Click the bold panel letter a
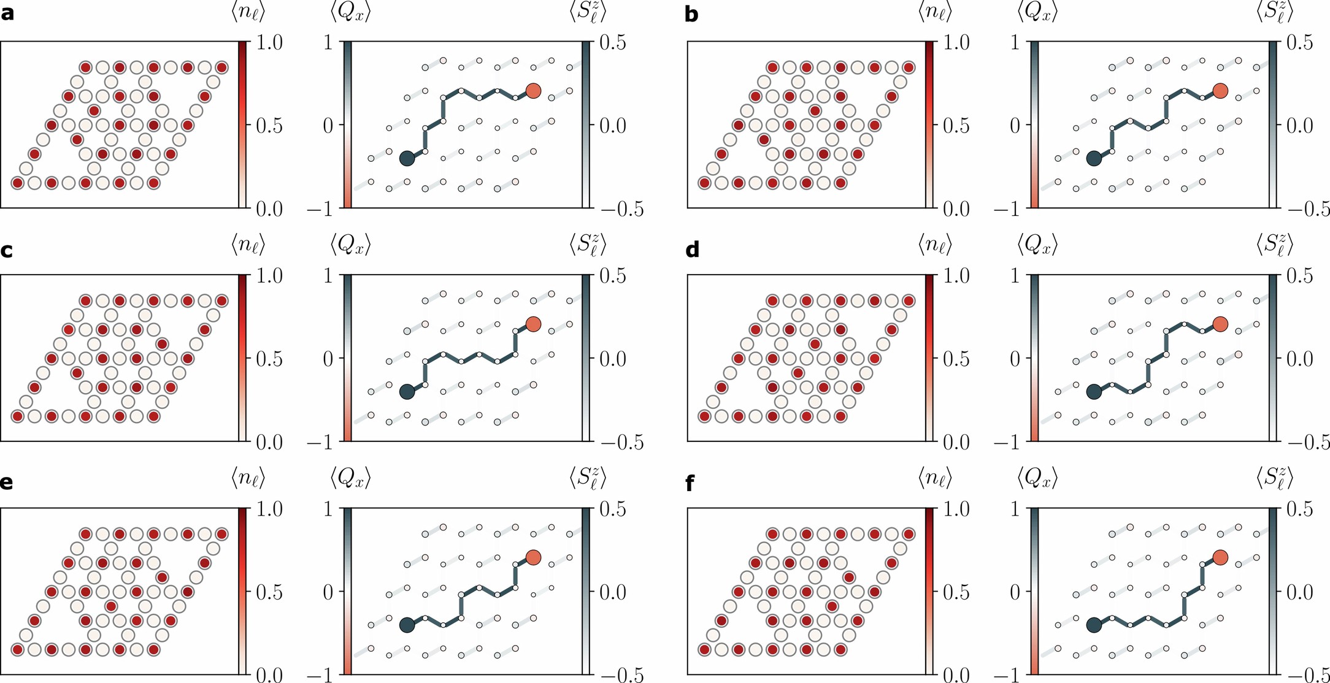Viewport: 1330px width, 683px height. [x=7, y=13]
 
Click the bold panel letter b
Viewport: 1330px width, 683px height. [x=691, y=13]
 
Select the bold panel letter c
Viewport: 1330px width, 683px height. [x=7, y=250]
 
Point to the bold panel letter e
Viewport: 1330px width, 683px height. [x=7, y=483]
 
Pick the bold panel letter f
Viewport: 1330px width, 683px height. [x=690, y=483]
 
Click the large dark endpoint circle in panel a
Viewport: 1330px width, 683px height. [x=407, y=158]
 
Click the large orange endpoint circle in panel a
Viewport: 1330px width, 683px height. [x=533, y=91]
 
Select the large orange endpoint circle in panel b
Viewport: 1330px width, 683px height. [x=1220, y=91]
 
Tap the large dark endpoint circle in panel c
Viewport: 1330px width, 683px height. [x=407, y=392]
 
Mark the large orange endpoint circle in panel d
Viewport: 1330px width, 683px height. [x=1220, y=324]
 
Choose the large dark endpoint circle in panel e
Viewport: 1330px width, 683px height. [x=407, y=625]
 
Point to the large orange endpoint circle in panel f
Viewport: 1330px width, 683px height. [x=1220, y=557]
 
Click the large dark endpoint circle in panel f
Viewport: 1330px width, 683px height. [x=1094, y=625]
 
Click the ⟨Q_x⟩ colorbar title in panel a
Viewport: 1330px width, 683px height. [x=350, y=12]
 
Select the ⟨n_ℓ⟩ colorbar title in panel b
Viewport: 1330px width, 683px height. [x=935, y=12]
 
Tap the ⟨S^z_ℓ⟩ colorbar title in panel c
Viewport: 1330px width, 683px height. [x=588, y=245]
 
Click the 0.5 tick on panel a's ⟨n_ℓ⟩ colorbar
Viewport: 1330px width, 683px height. [x=269, y=126]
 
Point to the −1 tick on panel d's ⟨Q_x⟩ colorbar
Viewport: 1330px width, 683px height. [x=1007, y=442]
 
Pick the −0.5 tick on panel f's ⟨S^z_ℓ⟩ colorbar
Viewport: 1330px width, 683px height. [x=1309, y=676]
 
